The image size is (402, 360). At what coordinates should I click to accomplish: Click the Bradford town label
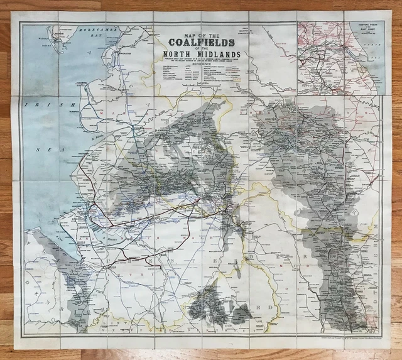[x=280, y=116]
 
